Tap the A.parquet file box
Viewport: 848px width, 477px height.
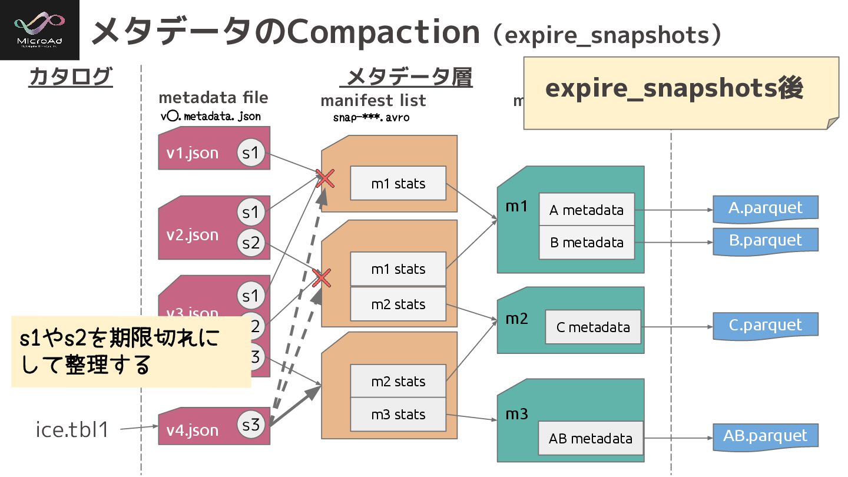(x=766, y=208)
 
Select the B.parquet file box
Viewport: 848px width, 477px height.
(x=766, y=241)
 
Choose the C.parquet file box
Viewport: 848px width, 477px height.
(x=766, y=326)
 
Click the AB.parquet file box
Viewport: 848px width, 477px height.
(x=766, y=436)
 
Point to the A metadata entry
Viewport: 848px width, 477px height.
(x=587, y=210)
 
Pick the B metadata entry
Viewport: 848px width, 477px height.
(x=587, y=243)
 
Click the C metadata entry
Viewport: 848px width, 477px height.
(x=592, y=327)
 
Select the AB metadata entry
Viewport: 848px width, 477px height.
(x=591, y=439)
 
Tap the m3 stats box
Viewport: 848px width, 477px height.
(x=398, y=415)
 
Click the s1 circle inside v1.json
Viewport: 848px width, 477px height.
(x=251, y=153)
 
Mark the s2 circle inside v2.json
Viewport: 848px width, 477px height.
(x=251, y=243)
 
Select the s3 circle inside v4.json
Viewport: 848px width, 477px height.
(x=251, y=425)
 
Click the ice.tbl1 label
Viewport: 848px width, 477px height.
(x=72, y=430)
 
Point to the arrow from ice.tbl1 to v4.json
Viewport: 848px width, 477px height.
(x=140, y=428)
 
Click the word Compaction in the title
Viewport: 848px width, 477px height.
(x=382, y=32)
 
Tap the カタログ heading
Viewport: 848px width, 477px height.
(x=70, y=77)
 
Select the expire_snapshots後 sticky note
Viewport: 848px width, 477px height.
(x=680, y=92)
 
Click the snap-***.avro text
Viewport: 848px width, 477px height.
(x=370, y=117)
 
